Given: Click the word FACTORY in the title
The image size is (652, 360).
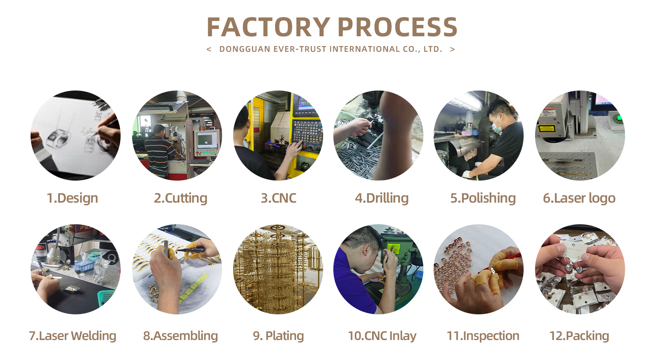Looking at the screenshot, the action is [268, 27].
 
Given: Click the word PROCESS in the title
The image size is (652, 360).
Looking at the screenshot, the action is [397, 27].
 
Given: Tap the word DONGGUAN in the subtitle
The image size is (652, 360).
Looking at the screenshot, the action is [244, 49].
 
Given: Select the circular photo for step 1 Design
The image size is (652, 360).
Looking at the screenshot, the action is [75, 135].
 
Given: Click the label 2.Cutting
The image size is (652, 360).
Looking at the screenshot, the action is [181, 198].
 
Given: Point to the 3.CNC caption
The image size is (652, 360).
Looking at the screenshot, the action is [278, 198].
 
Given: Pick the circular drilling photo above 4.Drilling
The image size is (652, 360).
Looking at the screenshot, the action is [378, 135].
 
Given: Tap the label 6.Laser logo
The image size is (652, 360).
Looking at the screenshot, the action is [579, 198].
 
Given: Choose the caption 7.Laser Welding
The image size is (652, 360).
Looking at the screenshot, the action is [73, 336].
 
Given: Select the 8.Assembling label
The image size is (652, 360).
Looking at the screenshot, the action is [181, 336].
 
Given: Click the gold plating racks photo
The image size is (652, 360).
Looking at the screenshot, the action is [278, 269].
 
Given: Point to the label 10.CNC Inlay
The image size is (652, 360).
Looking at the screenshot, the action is [382, 336].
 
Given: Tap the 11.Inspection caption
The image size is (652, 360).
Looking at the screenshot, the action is [483, 336].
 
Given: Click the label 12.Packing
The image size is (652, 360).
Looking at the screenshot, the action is [579, 336].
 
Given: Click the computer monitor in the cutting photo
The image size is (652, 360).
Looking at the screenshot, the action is [207, 140].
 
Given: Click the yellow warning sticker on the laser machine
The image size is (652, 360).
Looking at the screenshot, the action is [547, 128].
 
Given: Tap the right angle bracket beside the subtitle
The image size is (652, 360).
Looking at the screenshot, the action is [452, 49].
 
